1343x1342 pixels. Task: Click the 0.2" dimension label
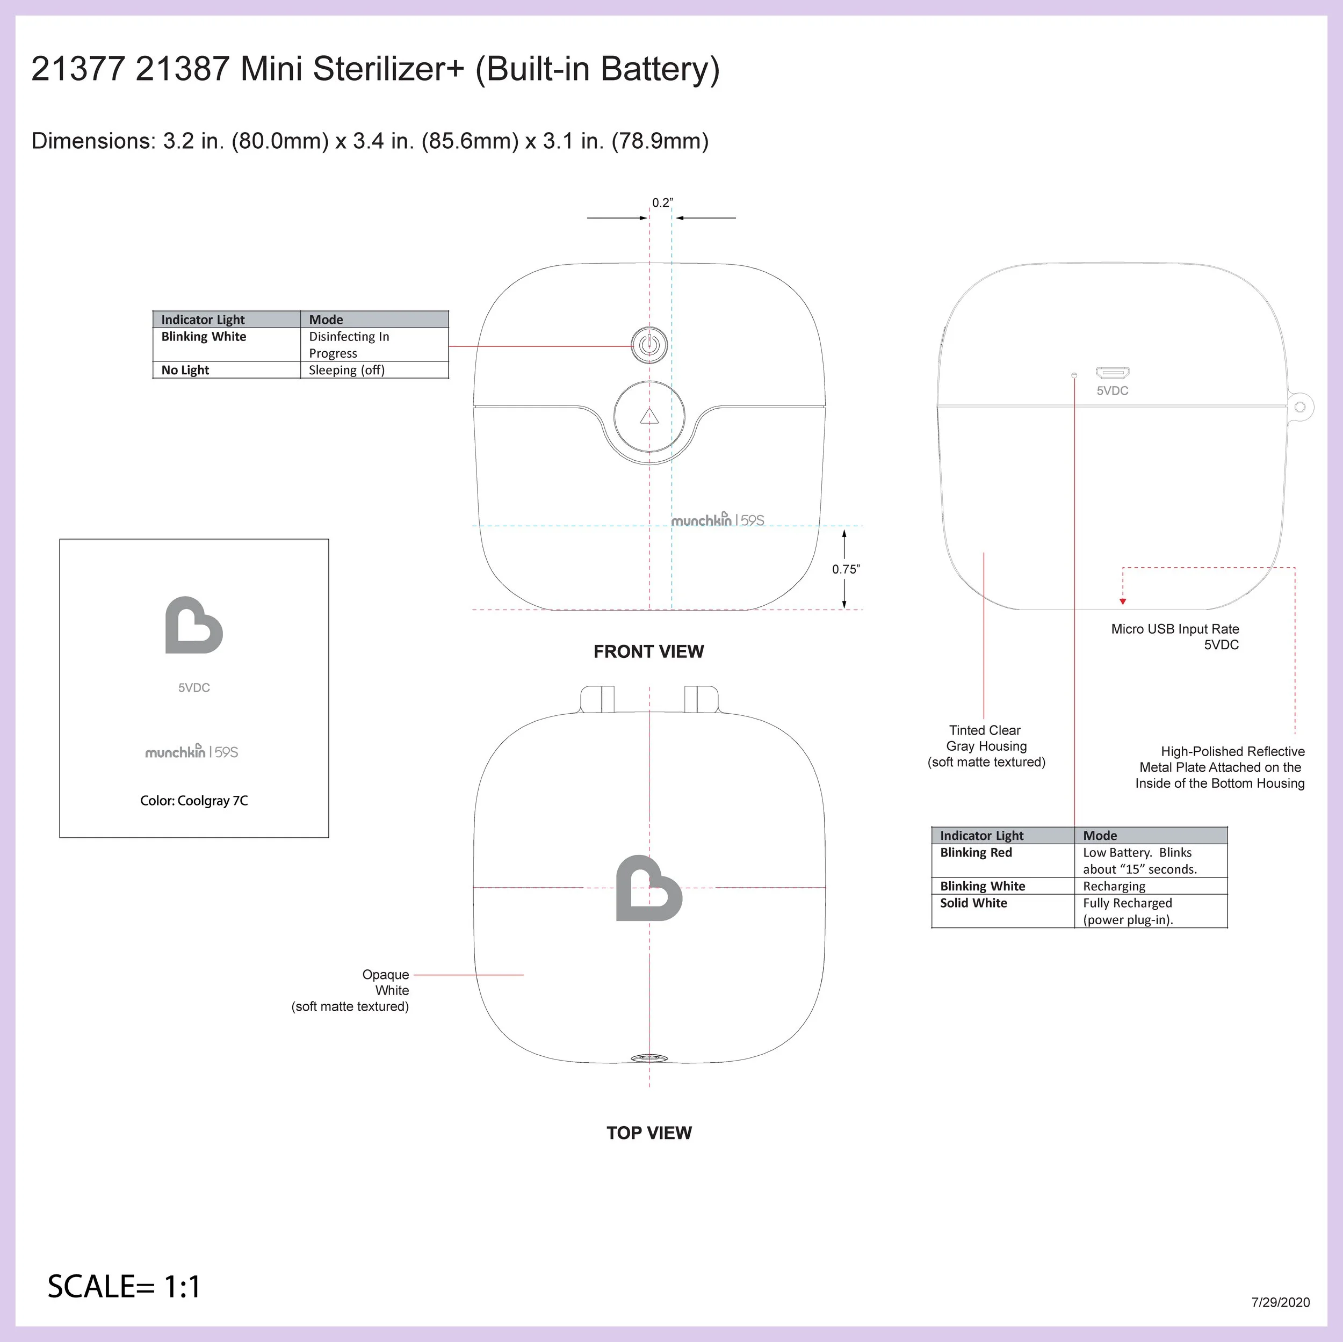click(x=662, y=203)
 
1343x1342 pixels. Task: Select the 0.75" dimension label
click(x=846, y=569)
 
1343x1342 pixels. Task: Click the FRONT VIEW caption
click(x=648, y=651)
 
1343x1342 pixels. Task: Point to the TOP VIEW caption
click(x=648, y=1133)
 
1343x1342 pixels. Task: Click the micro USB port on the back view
click(x=1112, y=373)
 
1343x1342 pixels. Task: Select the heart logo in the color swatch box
click(x=193, y=626)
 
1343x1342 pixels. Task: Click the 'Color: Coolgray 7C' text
click(x=194, y=801)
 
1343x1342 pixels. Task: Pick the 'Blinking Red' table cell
click(x=976, y=853)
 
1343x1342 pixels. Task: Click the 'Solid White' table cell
click(x=973, y=903)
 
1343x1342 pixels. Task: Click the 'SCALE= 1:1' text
click(x=124, y=1286)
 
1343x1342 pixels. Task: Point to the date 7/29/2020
click(x=1281, y=1302)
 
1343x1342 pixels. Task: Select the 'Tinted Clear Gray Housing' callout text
click(x=986, y=746)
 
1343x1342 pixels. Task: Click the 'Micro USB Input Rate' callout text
click(x=1175, y=629)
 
